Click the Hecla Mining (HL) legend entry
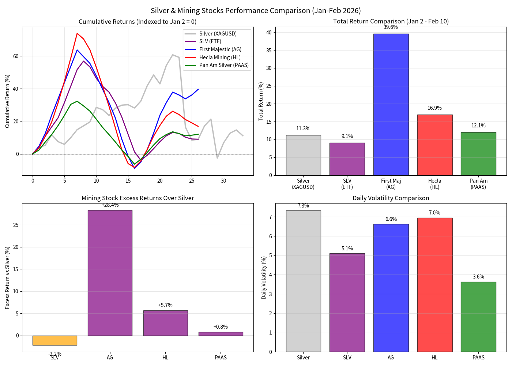[x=219, y=57]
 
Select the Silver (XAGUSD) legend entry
[x=218, y=34]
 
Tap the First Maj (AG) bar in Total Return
[x=391, y=104]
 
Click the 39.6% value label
[x=391, y=27]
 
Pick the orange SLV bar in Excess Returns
[x=55, y=340]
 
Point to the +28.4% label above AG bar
[x=110, y=205]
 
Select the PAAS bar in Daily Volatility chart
[x=478, y=317]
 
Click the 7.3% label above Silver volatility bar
[x=303, y=206]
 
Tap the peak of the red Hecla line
[x=77, y=33]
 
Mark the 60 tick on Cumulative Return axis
[x=16, y=56]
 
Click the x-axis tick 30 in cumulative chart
[x=223, y=181]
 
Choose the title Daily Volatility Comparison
[x=391, y=198]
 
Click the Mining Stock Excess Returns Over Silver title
[x=138, y=198]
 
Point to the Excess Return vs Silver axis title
[x=7, y=278]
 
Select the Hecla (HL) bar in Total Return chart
[x=434, y=145]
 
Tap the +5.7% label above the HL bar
[x=165, y=305]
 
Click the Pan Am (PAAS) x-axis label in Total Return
[x=478, y=184]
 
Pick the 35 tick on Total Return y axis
[x=269, y=51]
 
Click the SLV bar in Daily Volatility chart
[x=347, y=302]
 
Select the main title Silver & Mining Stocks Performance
[x=256, y=11]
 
